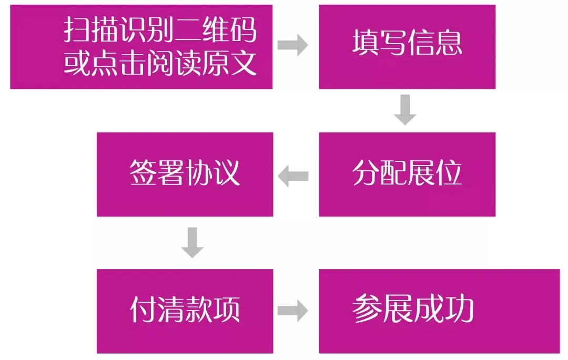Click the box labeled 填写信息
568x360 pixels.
[407, 46]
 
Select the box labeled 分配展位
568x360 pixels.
[407, 174]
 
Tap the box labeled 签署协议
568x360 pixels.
[185, 174]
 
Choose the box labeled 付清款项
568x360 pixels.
[185, 311]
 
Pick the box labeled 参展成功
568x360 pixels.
[439, 311]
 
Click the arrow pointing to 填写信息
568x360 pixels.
[293, 46]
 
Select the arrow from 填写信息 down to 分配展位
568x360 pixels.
[405, 110]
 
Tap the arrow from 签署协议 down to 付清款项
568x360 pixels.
[192, 242]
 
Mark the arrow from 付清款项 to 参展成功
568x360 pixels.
[293, 311]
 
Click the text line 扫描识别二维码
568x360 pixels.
[160, 30]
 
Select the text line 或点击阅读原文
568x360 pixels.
[160, 64]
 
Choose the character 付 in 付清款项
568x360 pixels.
[143, 310]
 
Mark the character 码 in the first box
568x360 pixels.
[244, 30]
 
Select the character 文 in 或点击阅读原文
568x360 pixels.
[244, 64]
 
